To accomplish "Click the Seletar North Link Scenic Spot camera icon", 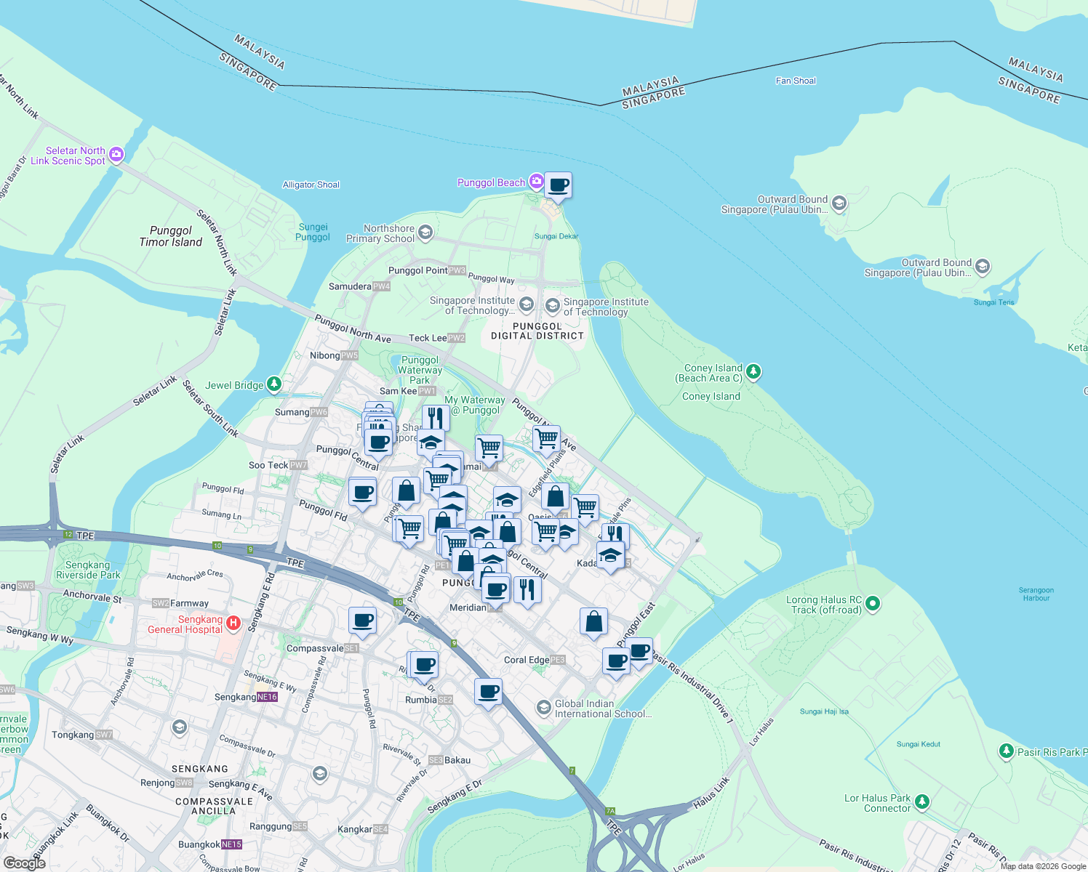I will point(116,155).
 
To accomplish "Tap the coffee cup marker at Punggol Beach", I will point(558,185).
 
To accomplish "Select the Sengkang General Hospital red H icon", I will point(233,623).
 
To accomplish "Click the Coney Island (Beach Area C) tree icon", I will point(753,372).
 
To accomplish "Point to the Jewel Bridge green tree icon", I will point(274,384).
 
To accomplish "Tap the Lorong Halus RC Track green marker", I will point(873,603).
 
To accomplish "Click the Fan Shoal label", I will point(796,81).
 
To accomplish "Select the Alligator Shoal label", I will point(311,185).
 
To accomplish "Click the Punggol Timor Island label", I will point(171,236).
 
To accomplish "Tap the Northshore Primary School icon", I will point(425,233).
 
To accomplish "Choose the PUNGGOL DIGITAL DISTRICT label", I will point(537,331).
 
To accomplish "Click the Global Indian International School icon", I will point(543,708).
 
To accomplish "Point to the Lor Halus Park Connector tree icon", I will point(922,802).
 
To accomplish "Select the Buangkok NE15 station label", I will point(210,844).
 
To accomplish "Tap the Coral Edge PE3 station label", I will point(535,660).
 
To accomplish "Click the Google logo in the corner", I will point(25,863).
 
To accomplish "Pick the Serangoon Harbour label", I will point(1036,594).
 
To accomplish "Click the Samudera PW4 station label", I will point(359,286).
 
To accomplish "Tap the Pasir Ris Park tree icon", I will point(1006,751).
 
